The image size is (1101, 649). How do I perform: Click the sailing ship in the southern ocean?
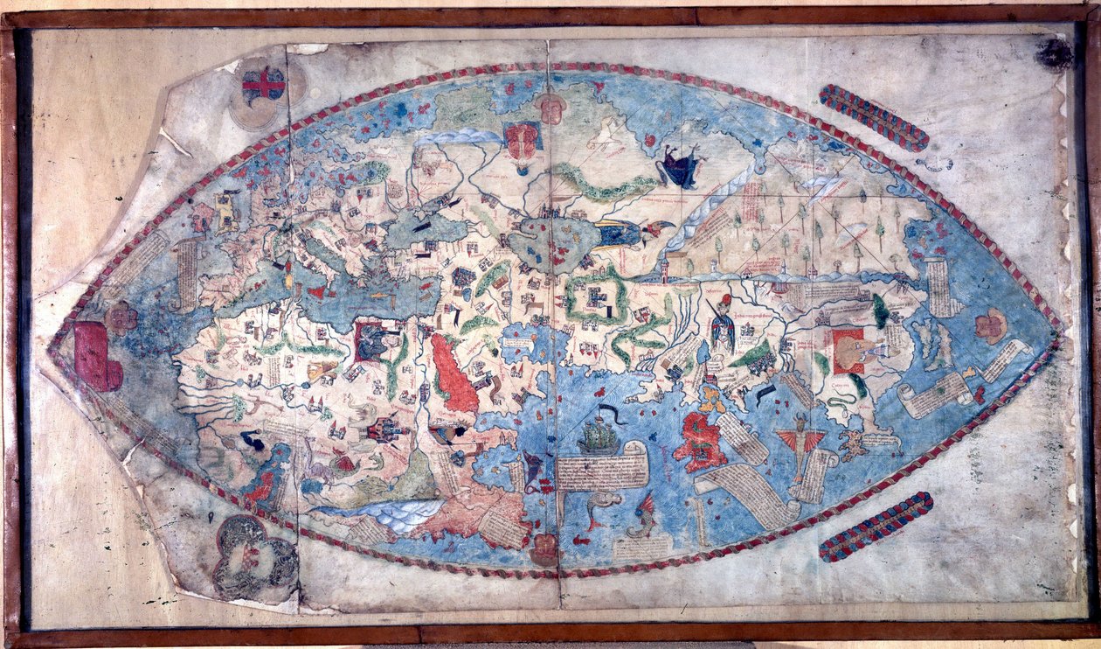tap(599, 435)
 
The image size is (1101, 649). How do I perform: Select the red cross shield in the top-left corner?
tap(263, 85)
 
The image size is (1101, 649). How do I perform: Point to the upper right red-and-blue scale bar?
tap(873, 117)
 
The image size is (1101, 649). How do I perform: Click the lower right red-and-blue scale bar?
tap(876, 527)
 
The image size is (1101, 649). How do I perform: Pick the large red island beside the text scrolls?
tap(700, 442)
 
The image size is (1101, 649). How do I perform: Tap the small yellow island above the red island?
tap(713, 398)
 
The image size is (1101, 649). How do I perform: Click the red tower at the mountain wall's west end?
tap(666, 267)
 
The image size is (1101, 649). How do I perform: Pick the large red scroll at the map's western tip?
tap(96, 356)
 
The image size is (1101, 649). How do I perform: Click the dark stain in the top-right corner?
tap(1054, 53)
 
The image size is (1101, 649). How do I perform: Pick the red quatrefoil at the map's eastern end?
tap(991, 325)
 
